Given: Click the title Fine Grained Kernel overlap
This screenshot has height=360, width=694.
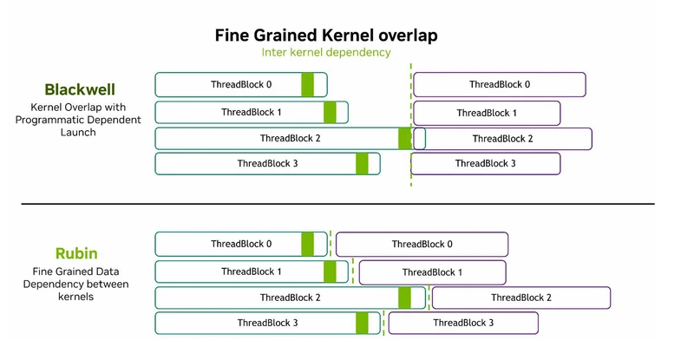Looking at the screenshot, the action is pyautogui.click(x=326, y=36).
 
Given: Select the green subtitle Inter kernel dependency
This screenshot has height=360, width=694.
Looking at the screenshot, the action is pyautogui.click(x=326, y=52).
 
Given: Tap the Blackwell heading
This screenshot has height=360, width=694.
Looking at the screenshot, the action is pyautogui.click(x=80, y=89).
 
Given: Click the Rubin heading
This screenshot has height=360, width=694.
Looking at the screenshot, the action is pyautogui.click(x=76, y=253).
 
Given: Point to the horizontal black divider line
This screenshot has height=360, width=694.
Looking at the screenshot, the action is pyautogui.click(x=337, y=204).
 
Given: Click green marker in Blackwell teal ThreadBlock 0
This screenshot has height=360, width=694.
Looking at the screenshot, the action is pyautogui.click(x=308, y=84).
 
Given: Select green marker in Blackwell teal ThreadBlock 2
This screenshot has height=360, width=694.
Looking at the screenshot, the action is pyautogui.click(x=404, y=139).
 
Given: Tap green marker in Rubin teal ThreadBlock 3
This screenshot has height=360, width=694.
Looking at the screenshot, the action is pyautogui.click(x=362, y=324).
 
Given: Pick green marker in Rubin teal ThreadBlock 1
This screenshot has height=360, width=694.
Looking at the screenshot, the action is pyautogui.click(x=330, y=272).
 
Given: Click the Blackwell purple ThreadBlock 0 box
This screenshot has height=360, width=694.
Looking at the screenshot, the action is pyautogui.click(x=500, y=84).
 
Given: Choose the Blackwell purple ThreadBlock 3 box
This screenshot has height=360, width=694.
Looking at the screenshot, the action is pyautogui.click(x=486, y=164).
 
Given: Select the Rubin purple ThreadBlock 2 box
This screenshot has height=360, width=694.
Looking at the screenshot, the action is pyautogui.click(x=521, y=298).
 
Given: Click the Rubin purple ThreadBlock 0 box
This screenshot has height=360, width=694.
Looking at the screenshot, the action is pyautogui.click(x=422, y=245).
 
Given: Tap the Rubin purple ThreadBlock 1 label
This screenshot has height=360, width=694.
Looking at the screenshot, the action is pyautogui.click(x=432, y=272).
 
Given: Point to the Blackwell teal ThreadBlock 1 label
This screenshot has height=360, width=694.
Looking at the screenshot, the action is pyautogui.click(x=252, y=112).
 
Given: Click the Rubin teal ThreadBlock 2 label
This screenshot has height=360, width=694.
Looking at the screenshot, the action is pyautogui.click(x=290, y=298).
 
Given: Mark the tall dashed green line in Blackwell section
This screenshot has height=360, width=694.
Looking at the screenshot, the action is pyautogui.click(x=410, y=125).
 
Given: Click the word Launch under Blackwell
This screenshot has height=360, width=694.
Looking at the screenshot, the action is pyautogui.click(x=78, y=133).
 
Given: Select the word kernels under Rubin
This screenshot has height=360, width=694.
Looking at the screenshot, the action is pyautogui.click(x=75, y=297).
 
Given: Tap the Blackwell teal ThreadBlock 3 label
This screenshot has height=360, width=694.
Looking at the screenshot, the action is pyautogui.click(x=267, y=163).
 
